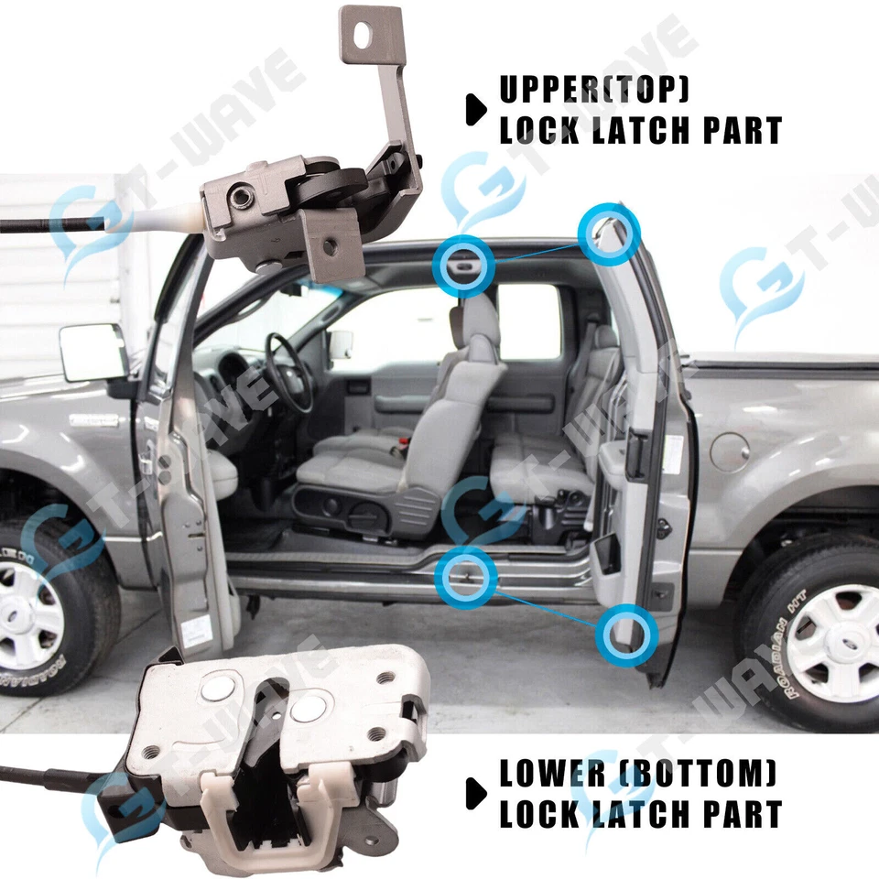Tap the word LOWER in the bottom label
pyautogui.click(x=551, y=774)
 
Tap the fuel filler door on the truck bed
pyautogui.click(x=729, y=450)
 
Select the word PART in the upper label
pyautogui.click(x=742, y=129)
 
